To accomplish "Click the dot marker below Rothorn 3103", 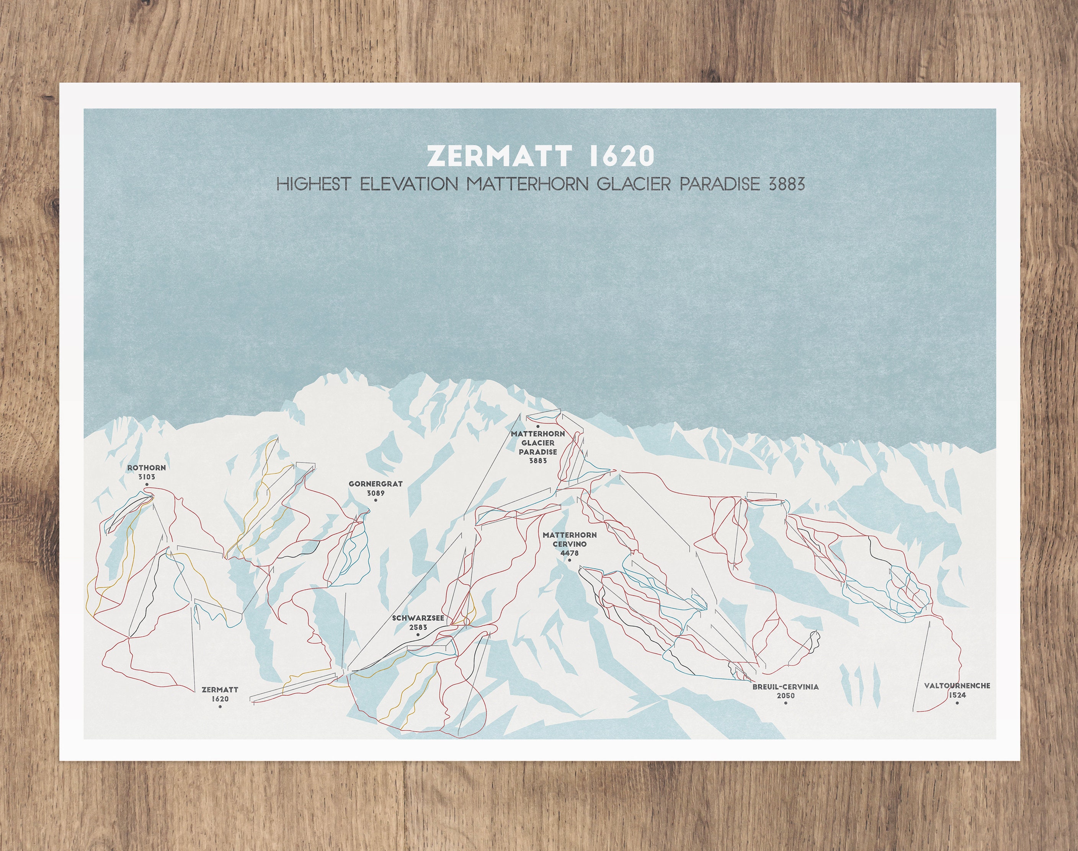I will [147, 485].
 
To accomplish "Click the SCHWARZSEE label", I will [418, 618].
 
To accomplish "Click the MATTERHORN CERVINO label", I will [569, 540].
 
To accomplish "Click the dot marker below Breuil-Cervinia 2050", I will [786, 703].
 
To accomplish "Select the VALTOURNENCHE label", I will [957, 686].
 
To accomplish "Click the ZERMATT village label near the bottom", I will [220, 690].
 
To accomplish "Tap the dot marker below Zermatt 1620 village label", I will [220, 706].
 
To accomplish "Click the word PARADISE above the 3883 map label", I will [538, 452].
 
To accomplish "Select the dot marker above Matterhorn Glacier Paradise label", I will [538, 427].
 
